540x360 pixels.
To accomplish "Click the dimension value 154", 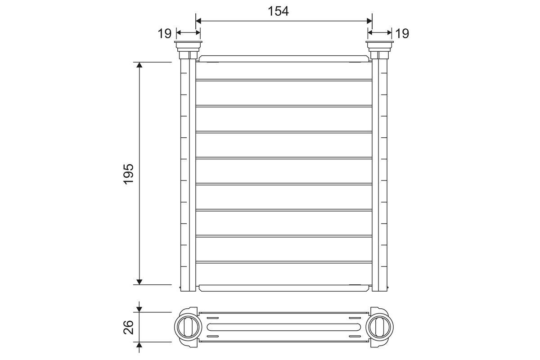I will point(278,11).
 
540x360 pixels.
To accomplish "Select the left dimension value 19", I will point(165,33).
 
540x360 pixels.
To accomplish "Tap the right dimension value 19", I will point(402,33).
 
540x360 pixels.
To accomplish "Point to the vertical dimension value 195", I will point(129,173).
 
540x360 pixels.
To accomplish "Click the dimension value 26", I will point(129,327).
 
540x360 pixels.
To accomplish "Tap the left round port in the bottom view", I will point(186,325).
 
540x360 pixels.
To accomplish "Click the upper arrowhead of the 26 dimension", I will point(139,309).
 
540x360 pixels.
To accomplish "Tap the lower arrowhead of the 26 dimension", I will point(139,345).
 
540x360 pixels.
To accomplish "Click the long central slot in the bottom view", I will point(284,326).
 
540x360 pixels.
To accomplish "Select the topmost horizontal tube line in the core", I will point(284,80).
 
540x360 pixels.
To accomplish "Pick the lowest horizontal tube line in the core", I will point(284,262).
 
